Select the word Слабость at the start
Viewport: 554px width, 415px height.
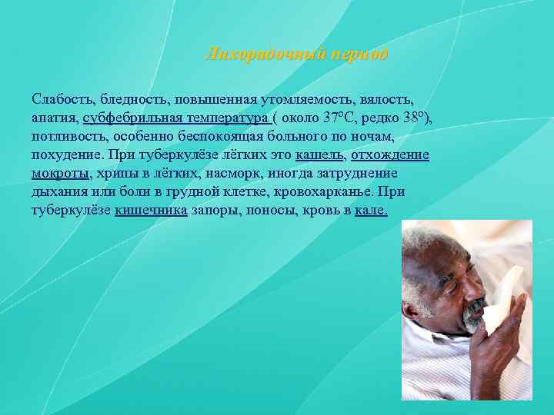(62, 100)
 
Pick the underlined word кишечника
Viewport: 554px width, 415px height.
(151, 211)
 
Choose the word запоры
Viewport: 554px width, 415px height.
(215, 211)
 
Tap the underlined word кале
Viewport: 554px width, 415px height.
(371, 211)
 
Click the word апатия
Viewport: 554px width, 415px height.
(55, 118)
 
